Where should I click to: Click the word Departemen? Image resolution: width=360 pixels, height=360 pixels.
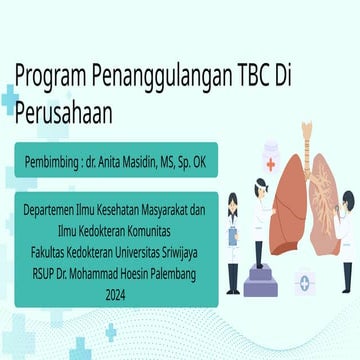54,212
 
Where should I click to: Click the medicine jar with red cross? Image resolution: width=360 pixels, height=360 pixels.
271,160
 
